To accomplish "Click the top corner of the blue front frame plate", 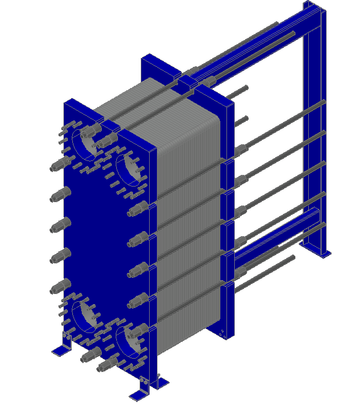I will point(70,102).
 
